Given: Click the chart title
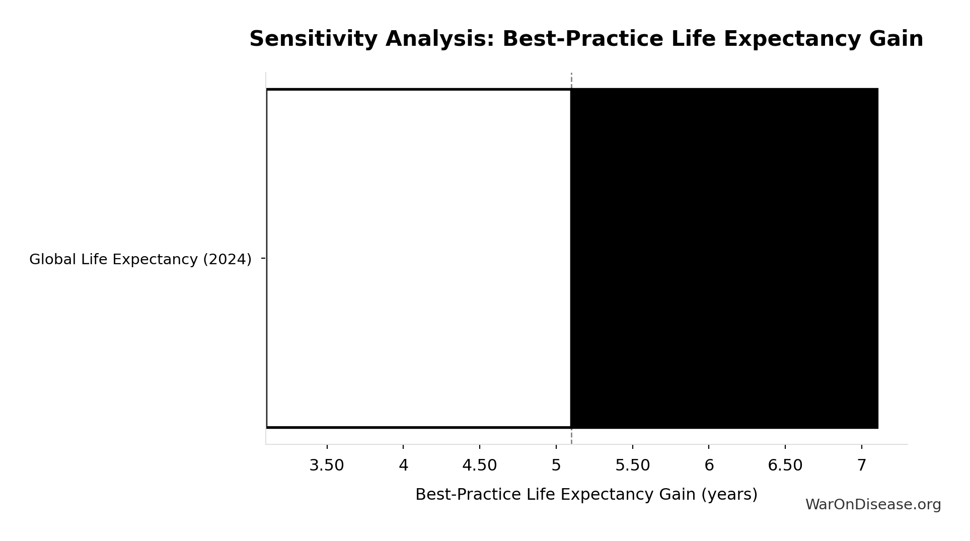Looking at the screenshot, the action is click(x=586, y=39).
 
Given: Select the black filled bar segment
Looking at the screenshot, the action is click(x=724, y=258).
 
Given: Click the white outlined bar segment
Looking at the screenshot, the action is click(x=418, y=258).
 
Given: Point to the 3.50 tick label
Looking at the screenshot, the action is click(x=327, y=466).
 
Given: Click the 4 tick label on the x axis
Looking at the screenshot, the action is click(x=403, y=466).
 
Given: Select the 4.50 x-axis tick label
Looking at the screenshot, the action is click(x=480, y=466).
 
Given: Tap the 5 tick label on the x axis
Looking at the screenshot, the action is click(x=556, y=466).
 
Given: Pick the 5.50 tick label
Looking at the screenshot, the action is click(x=633, y=466).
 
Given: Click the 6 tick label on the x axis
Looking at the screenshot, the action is click(x=709, y=466).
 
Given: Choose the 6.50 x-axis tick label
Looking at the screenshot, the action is click(x=785, y=466).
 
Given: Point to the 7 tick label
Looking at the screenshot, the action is click(x=862, y=466).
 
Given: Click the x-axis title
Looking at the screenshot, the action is click(x=586, y=495).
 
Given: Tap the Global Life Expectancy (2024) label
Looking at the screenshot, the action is click(x=140, y=259).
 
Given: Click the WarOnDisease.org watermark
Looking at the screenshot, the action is click(x=873, y=505).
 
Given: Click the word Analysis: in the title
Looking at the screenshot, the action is click(x=440, y=39).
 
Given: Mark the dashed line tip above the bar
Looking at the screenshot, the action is click(x=571, y=73).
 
